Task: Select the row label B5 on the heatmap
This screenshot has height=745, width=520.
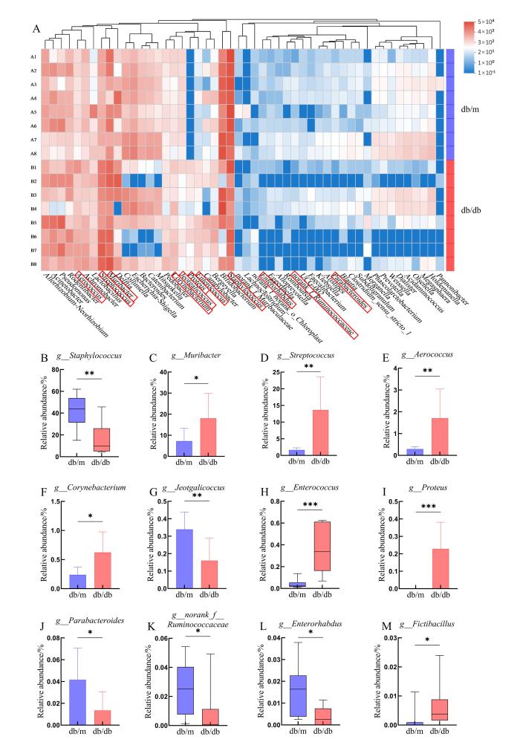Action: click(x=33, y=222)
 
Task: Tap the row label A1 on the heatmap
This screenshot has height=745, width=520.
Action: click(x=33, y=57)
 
